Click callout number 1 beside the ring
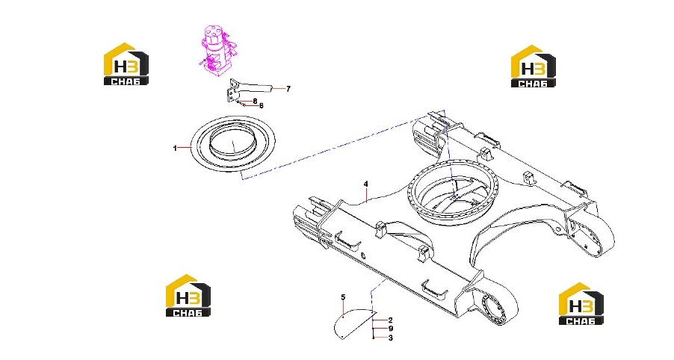175,148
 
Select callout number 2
390,320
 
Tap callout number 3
390,338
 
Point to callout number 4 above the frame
366,184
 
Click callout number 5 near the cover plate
343,297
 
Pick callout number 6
261,105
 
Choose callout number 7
288,89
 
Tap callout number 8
255,101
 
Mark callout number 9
390,329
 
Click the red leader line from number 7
279,89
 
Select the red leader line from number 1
185,147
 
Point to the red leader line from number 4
366,195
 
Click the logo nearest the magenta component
126,63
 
